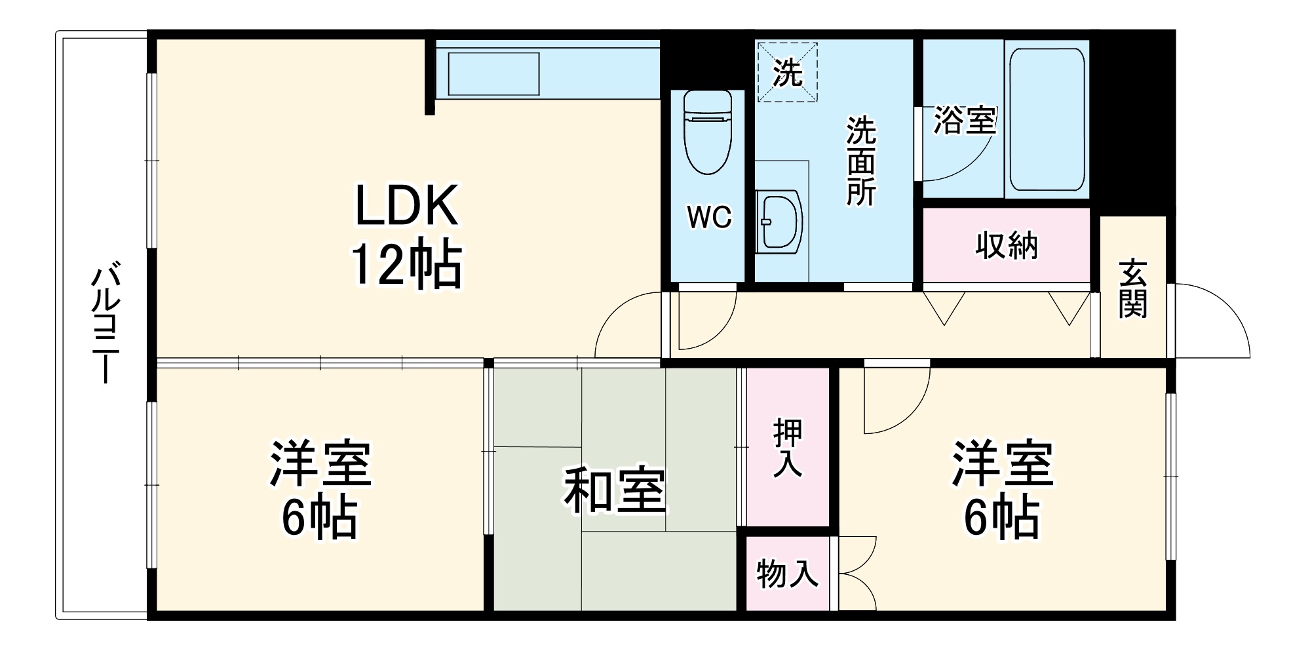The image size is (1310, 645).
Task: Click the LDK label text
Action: tap(406, 206)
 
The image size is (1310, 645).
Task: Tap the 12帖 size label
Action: tap(406, 265)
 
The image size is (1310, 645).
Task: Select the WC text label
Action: tap(709, 217)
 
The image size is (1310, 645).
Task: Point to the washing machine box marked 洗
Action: tap(787, 72)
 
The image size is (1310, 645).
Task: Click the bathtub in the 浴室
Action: tap(1046, 119)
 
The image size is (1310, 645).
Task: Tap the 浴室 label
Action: tap(964, 120)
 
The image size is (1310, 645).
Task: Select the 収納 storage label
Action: tap(1007, 246)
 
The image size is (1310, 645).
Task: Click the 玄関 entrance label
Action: tap(1133, 288)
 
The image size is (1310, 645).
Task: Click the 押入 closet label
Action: tap(788, 447)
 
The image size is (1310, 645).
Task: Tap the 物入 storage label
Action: tap(787, 574)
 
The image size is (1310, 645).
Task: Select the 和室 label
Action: tap(614, 490)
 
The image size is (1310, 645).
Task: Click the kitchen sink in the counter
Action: tap(493, 74)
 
